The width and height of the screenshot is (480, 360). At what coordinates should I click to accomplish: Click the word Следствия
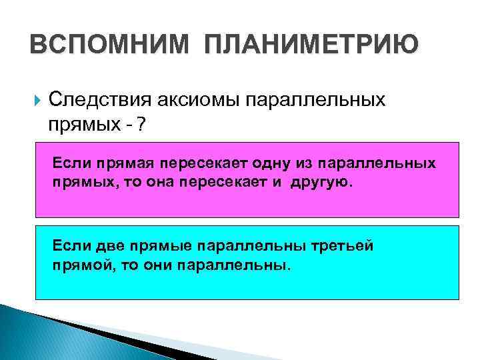coord(101,100)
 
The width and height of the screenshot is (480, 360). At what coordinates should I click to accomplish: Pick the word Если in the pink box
coord(71,163)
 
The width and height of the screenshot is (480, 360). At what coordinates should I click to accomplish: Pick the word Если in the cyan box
coord(71,246)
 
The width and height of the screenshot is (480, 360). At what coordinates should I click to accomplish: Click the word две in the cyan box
coord(109,246)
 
